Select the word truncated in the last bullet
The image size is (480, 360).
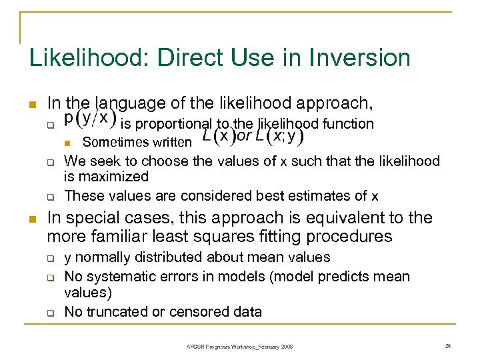pyautogui.click(x=115, y=311)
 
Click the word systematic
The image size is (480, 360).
pyautogui.click(x=113, y=276)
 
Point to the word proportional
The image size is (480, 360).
pyautogui.click(x=177, y=123)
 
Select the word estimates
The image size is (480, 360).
pyautogui.click(x=335, y=195)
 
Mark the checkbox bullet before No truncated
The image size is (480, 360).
pyautogui.click(x=49, y=311)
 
